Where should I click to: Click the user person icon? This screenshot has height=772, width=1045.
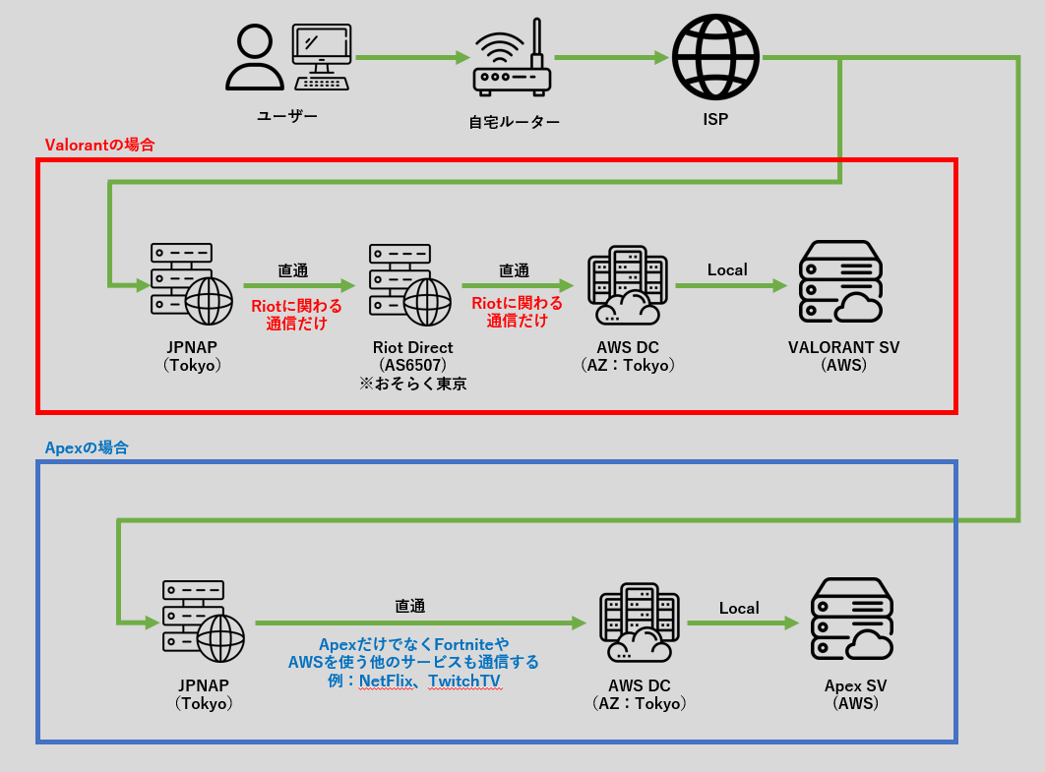254,59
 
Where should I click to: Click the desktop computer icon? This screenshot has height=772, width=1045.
322,57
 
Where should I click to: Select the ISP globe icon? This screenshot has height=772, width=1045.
715,59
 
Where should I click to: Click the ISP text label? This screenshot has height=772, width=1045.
715,119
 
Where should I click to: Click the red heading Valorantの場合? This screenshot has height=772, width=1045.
99,145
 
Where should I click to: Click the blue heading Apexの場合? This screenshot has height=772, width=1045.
87,447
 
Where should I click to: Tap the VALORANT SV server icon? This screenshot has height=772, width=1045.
840,282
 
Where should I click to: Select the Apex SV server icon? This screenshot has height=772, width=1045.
851,620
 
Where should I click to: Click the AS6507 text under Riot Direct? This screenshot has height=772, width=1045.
412,365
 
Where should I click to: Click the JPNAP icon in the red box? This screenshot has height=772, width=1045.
191,285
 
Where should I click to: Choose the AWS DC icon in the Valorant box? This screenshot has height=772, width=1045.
624,285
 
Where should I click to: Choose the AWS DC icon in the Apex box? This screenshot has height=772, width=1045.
637,623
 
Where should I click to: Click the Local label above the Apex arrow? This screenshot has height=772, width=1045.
739,608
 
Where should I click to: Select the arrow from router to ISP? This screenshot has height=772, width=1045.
610,58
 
